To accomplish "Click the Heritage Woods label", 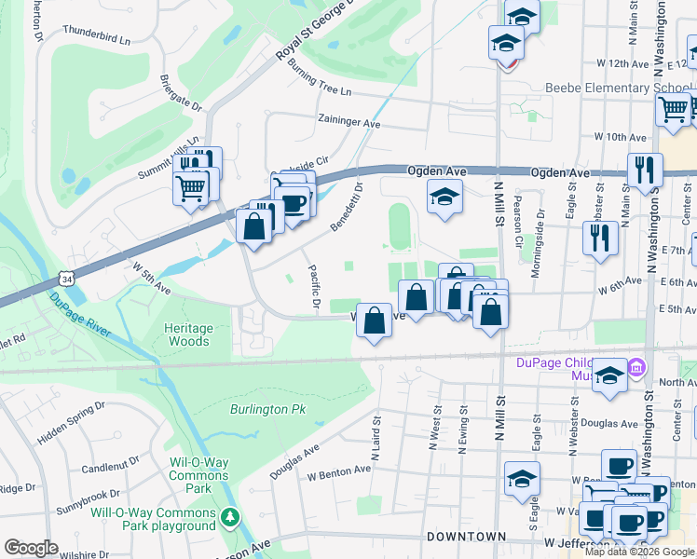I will [187, 334].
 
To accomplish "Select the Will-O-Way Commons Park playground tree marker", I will [231, 517].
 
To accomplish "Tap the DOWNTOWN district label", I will [466, 537].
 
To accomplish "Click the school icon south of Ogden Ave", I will [444, 196].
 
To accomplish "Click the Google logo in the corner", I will [31, 548].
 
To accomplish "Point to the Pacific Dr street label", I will [315, 289].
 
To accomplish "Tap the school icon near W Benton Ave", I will [522, 479].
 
